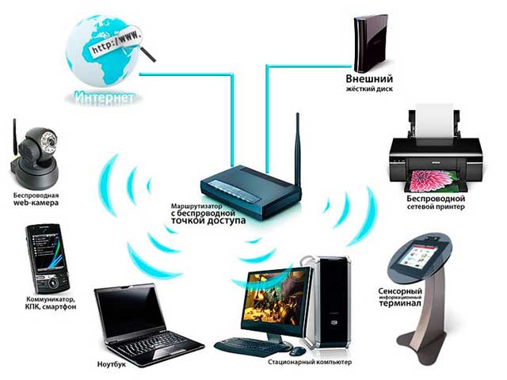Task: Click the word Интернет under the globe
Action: (x=105, y=97)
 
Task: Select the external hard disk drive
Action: (x=370, y=44)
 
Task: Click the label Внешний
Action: (x=369, y=78)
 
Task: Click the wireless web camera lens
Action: (x=49, y=141)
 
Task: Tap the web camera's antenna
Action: (x=14, y=139)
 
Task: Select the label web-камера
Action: (x=36, y=203)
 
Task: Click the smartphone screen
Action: (x=46, y=251)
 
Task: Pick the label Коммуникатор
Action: (x=50, y=299)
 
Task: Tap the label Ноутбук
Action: (x=112, y=364)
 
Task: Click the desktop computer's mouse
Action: (x=298, y=351)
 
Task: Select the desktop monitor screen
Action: (x=275, y=298)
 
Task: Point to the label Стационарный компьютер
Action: (x=310, y=362)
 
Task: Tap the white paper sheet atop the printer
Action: (x=434, y=120)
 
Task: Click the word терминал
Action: (x=400, y=303)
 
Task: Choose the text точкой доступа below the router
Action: (x=208, y=221)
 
